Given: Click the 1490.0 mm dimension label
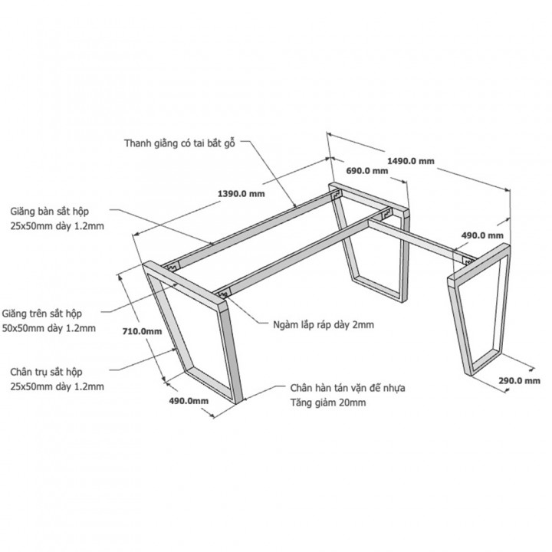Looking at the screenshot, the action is coord(411,161).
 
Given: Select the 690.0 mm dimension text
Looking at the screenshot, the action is coord(367,171).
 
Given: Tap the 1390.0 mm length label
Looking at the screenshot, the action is coord(242,194).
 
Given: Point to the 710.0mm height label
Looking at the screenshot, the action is coord(143,331).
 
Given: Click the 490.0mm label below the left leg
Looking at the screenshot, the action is coord(189,401).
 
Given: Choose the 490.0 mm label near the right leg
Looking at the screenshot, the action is coord(482,235).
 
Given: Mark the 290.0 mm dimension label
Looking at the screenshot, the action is coord(519,380).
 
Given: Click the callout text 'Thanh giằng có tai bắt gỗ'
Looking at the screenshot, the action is coord(179,143).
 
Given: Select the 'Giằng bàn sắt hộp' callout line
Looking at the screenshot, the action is coord(160,225).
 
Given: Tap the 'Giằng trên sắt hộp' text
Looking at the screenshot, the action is coord(42,314).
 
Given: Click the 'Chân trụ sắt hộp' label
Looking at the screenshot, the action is coord(46,372).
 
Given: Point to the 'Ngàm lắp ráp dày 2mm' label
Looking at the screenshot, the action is coord(324,324).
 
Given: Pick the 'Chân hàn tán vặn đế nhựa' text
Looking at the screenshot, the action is coord(347,388).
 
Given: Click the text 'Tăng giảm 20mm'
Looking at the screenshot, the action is coord(328,402).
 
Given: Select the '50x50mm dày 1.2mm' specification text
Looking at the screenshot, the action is coord(49,328).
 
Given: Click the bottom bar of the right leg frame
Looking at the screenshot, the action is coord(486,362).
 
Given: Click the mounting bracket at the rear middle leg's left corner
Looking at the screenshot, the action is coord(337,194).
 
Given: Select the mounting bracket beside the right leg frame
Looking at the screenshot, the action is coord(468,261).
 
